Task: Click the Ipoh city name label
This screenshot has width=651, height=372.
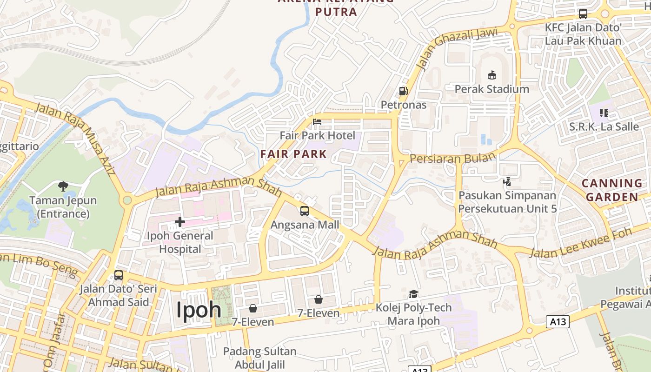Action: [198, 310]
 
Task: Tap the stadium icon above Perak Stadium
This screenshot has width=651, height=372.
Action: [492, 75]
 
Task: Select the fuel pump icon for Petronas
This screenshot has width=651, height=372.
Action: [403, 91]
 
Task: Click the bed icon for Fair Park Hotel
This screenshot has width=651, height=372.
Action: [317, 122]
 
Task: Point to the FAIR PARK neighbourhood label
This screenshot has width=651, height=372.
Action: [293, 153]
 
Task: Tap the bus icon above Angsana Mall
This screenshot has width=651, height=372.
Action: [305, 211]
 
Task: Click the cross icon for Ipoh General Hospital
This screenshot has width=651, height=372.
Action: [180, 222]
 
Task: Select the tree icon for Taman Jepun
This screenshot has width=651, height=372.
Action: [63, 186]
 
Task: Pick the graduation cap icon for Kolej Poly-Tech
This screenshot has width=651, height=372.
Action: [413, 294]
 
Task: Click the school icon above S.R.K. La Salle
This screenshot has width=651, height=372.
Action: [604, 113]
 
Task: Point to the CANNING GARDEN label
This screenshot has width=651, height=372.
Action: [611, 190]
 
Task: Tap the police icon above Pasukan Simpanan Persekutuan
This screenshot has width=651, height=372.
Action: [507, 181]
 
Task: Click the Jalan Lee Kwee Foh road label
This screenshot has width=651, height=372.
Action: [580, 243]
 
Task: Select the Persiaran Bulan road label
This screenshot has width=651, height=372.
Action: [452, 158]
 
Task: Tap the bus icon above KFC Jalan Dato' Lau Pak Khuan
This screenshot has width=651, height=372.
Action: [583, 14]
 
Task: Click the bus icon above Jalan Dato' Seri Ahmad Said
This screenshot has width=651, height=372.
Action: [119, 275]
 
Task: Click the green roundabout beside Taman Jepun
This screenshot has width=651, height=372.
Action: [126, 200]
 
